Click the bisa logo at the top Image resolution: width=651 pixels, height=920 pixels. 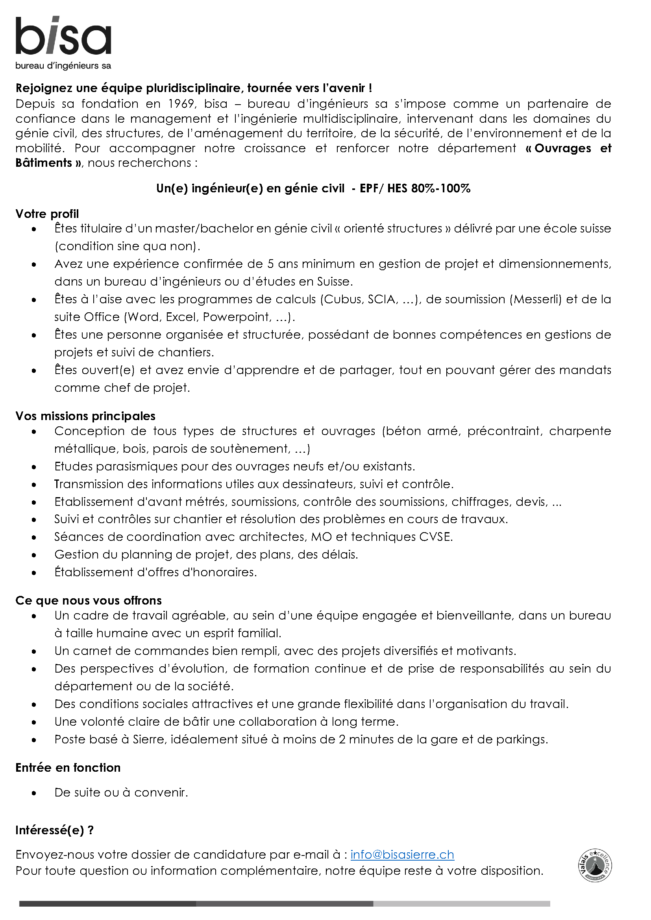(x=63, y=36)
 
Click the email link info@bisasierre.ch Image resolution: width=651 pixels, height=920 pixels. (x=402, y=855)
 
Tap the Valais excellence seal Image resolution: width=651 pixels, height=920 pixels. (x=595, y=865)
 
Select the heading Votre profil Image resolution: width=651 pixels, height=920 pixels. (x=47, y=214)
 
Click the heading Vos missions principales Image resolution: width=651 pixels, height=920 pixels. (x=85, y=416)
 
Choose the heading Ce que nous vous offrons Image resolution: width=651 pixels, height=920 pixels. (x=88, y=600)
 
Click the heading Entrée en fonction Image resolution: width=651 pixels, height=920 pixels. (x=68, y=767)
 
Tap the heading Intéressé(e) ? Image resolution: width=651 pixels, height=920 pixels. (x=54, y=830)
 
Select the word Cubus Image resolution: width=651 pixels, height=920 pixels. (x=342, y=299)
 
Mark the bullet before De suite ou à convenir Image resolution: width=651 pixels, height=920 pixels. (x=34, y=793)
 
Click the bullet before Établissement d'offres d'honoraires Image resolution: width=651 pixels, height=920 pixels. (x=34, y=573)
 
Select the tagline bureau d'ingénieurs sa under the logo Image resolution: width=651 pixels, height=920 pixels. (x=63, y=66)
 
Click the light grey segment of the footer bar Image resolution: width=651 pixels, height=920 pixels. (x=461, y=903)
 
